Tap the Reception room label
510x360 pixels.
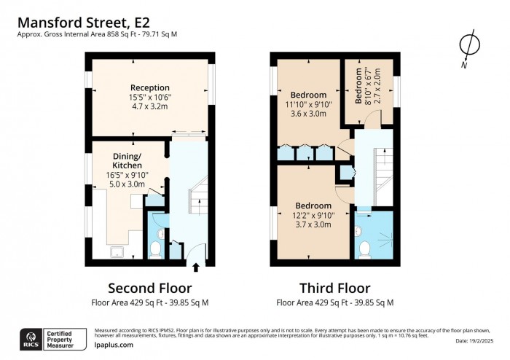coord(149,88)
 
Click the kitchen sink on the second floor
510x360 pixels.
coord(117,252)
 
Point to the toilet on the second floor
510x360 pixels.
coord(154,249)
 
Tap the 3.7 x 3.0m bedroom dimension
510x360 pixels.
coord(311,225)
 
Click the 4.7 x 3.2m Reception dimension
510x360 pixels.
coord(149,106)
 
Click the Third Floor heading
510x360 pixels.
coord(334,288)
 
